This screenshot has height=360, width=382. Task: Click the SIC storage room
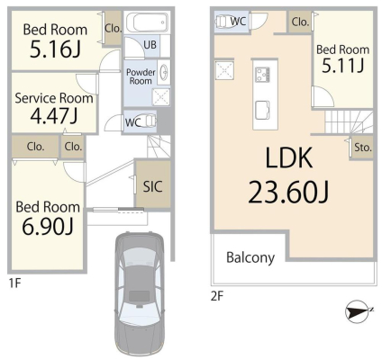(x=152, y=186)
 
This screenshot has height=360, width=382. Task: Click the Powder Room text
(x=140, y=76)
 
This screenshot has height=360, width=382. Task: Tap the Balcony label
(x=250, y=257)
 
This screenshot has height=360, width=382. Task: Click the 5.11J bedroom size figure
(x=342, y=64)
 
